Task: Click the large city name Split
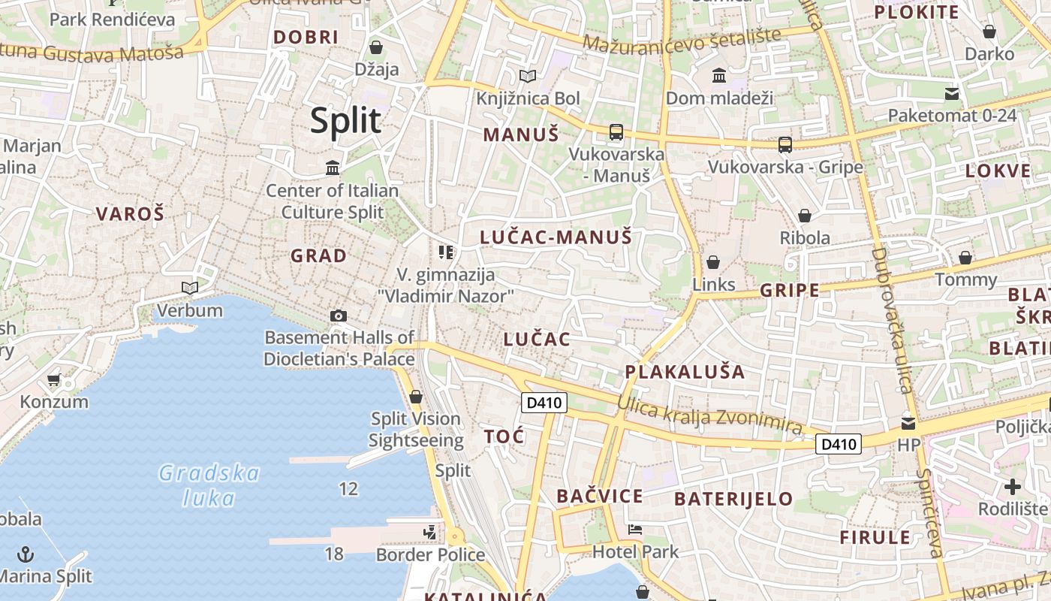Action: click(x=346, y=120)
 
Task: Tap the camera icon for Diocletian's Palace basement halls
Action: click(x=339, y=316)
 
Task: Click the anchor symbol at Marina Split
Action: click(x=26, y=555)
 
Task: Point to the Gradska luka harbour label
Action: click(x=209, y=485)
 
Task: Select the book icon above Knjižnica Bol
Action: click(x=528, y=76)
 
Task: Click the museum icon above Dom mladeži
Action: click(x=718, y=76)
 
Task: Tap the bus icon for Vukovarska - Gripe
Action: click(x=784, y=144)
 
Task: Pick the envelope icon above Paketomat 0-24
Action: click(x=952, y=94)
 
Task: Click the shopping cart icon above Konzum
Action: click(x=53, y=380)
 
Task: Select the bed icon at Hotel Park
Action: click(x=634, y=530)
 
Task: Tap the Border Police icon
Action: click(x=429, y=533)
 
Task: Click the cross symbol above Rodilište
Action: click(x=1013, y=486)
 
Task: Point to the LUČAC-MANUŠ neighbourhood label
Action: click(x=556, y=238)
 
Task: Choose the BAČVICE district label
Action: click(x=599, y=496)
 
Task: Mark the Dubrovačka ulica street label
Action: click(x=891, y=320)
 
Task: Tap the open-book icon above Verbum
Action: click(x=190, y=288)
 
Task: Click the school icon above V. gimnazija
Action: click(x=446, y=252)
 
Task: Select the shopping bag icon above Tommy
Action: click(x=965, y=258)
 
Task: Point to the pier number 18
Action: click(x=334, y=554)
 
